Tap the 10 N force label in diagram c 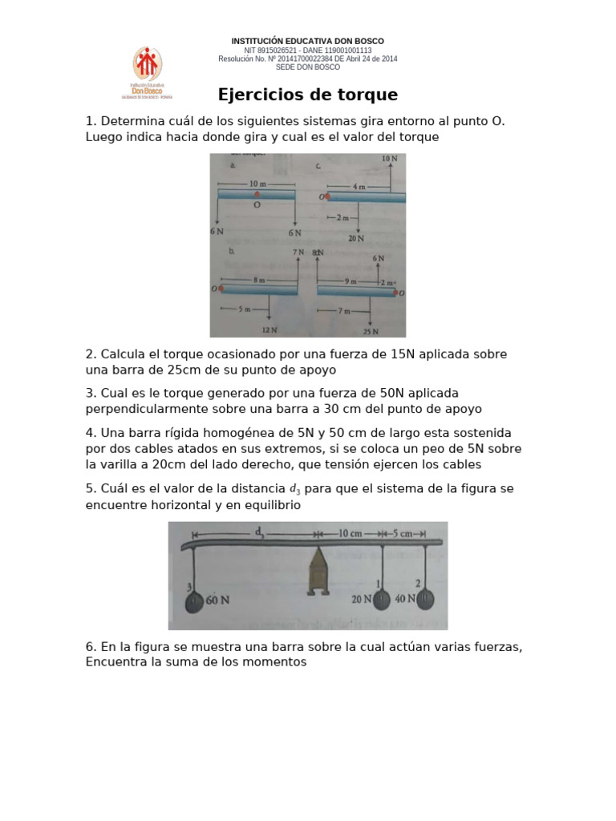[x=390, y=160]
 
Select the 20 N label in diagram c [x=357, y=238]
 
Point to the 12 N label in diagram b [x=269, y=330]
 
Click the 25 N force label [x=370, y=330]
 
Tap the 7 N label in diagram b [x=298, y=253]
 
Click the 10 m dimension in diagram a [x=257, y=184]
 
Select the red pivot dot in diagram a [x=257, y=194]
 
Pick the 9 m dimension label [x=351, y=281]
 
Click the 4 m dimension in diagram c [x=359, y=186]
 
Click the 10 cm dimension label [x=351, y=533]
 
